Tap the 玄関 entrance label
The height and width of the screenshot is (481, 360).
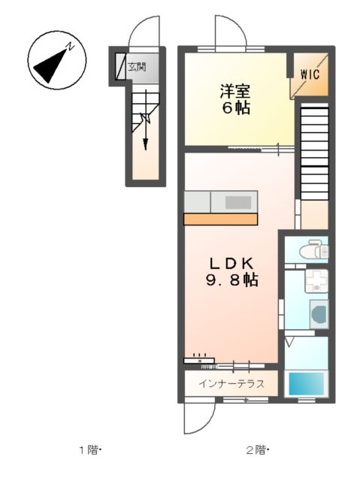coord(137,67)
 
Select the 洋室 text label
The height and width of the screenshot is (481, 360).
coord(234,92)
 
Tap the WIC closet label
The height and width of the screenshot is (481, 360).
coord(310,74)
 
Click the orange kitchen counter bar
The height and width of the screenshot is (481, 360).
coord(221,219)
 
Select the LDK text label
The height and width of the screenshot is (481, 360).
coord(234,264)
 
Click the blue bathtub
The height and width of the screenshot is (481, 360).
coord(309,383)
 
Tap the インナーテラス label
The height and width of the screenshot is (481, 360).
coord(231,384)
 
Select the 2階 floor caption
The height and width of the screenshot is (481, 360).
coord(258,450)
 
